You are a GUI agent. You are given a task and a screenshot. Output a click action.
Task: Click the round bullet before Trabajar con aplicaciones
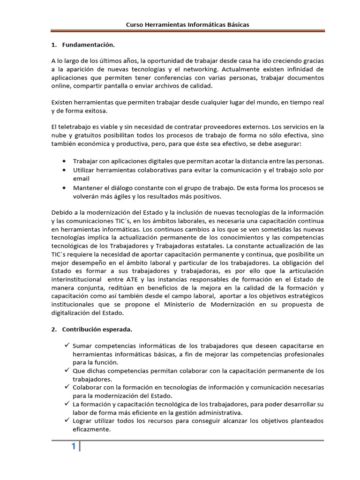point(64,161)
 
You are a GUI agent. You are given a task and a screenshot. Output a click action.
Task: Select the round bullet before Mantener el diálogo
point(64,187)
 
